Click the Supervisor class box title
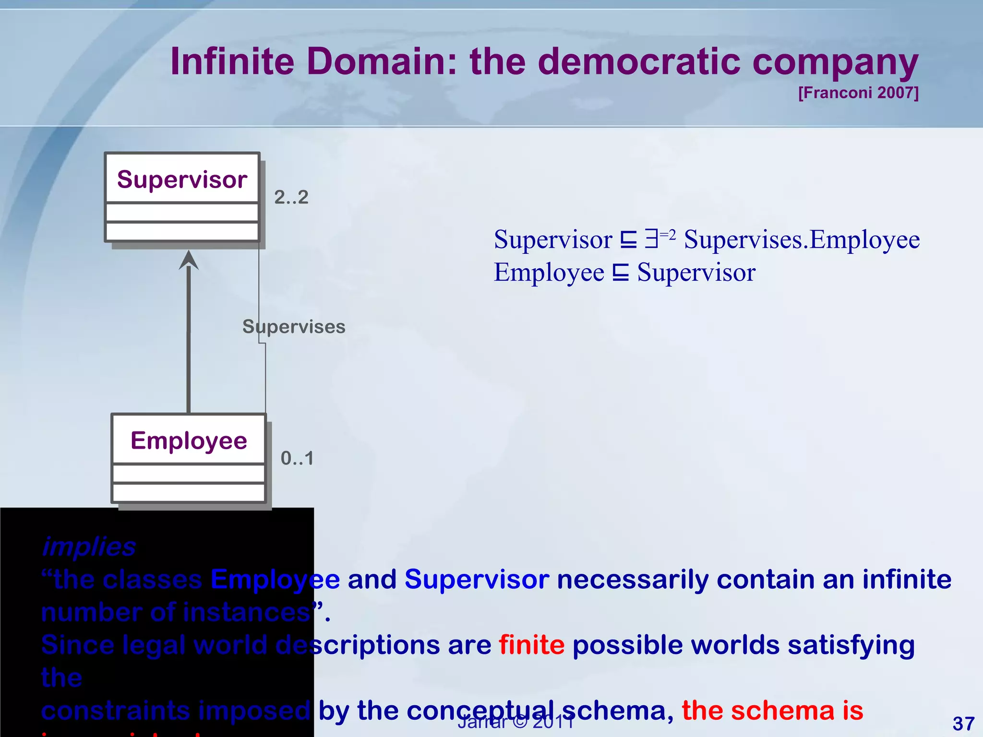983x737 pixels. [x=182, y=179]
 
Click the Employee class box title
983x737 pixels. [x=189, y=440]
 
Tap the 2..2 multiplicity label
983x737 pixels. [x=291, y=197]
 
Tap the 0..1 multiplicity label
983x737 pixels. [x=297, y=458]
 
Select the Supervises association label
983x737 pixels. [x=294, y=327]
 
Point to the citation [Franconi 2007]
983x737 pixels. [x=858, y=92]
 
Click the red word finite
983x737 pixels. [x=531, y=644]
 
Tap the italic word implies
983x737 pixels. [x=89, y=547]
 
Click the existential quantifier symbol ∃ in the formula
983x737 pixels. [x=651, y=238]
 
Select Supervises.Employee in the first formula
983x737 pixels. [x=802, y=239]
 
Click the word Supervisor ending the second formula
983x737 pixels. [x=696, y=273]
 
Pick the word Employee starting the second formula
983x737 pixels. [x=549, y=273]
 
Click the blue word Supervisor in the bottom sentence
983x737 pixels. [x=477, y=579]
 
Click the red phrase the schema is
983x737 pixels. [x=772, y=710]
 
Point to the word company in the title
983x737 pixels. [x=835, y=62]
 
